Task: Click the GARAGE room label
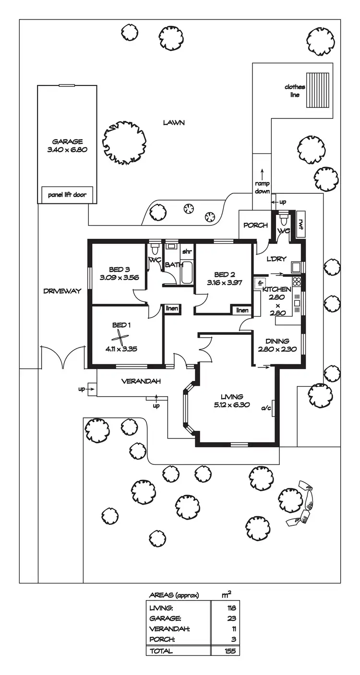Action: tap(67, 142)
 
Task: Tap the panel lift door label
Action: tap(67, 195)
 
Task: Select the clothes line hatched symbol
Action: tap(318, 90)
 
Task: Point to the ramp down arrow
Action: tap(262, 174)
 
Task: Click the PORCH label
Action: tap(255, 225)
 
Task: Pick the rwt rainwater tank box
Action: tap(301, 222)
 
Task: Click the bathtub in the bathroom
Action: tap(186, 272)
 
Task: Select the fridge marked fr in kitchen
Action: tap(260, 283)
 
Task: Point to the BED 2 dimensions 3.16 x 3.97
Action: tap(225, 283)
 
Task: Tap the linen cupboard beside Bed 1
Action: tap(172, 308)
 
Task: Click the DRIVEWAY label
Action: tap(62, 291)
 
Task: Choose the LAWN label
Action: tap(173, 122)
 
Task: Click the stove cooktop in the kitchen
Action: tap(297, 282)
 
